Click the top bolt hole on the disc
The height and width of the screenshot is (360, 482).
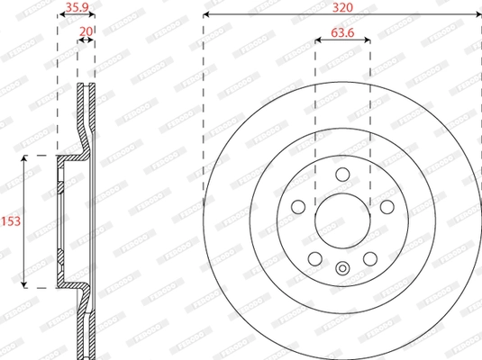(342, 175)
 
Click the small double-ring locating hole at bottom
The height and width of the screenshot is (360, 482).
(342, 267)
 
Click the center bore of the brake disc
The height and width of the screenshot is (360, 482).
(342, 220)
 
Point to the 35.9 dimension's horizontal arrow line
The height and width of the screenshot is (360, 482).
(76, 17)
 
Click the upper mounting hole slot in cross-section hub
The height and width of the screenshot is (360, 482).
(60, 190)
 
